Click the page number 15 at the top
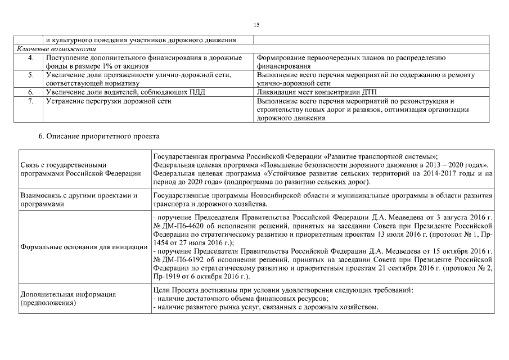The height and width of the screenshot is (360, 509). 256,25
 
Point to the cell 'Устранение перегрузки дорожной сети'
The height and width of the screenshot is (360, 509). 109,101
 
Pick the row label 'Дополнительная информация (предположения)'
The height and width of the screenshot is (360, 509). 68,298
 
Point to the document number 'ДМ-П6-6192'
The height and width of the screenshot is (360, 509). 181,259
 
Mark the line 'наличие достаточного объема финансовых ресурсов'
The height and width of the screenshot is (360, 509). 241,299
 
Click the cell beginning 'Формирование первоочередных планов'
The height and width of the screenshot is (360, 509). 351,58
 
